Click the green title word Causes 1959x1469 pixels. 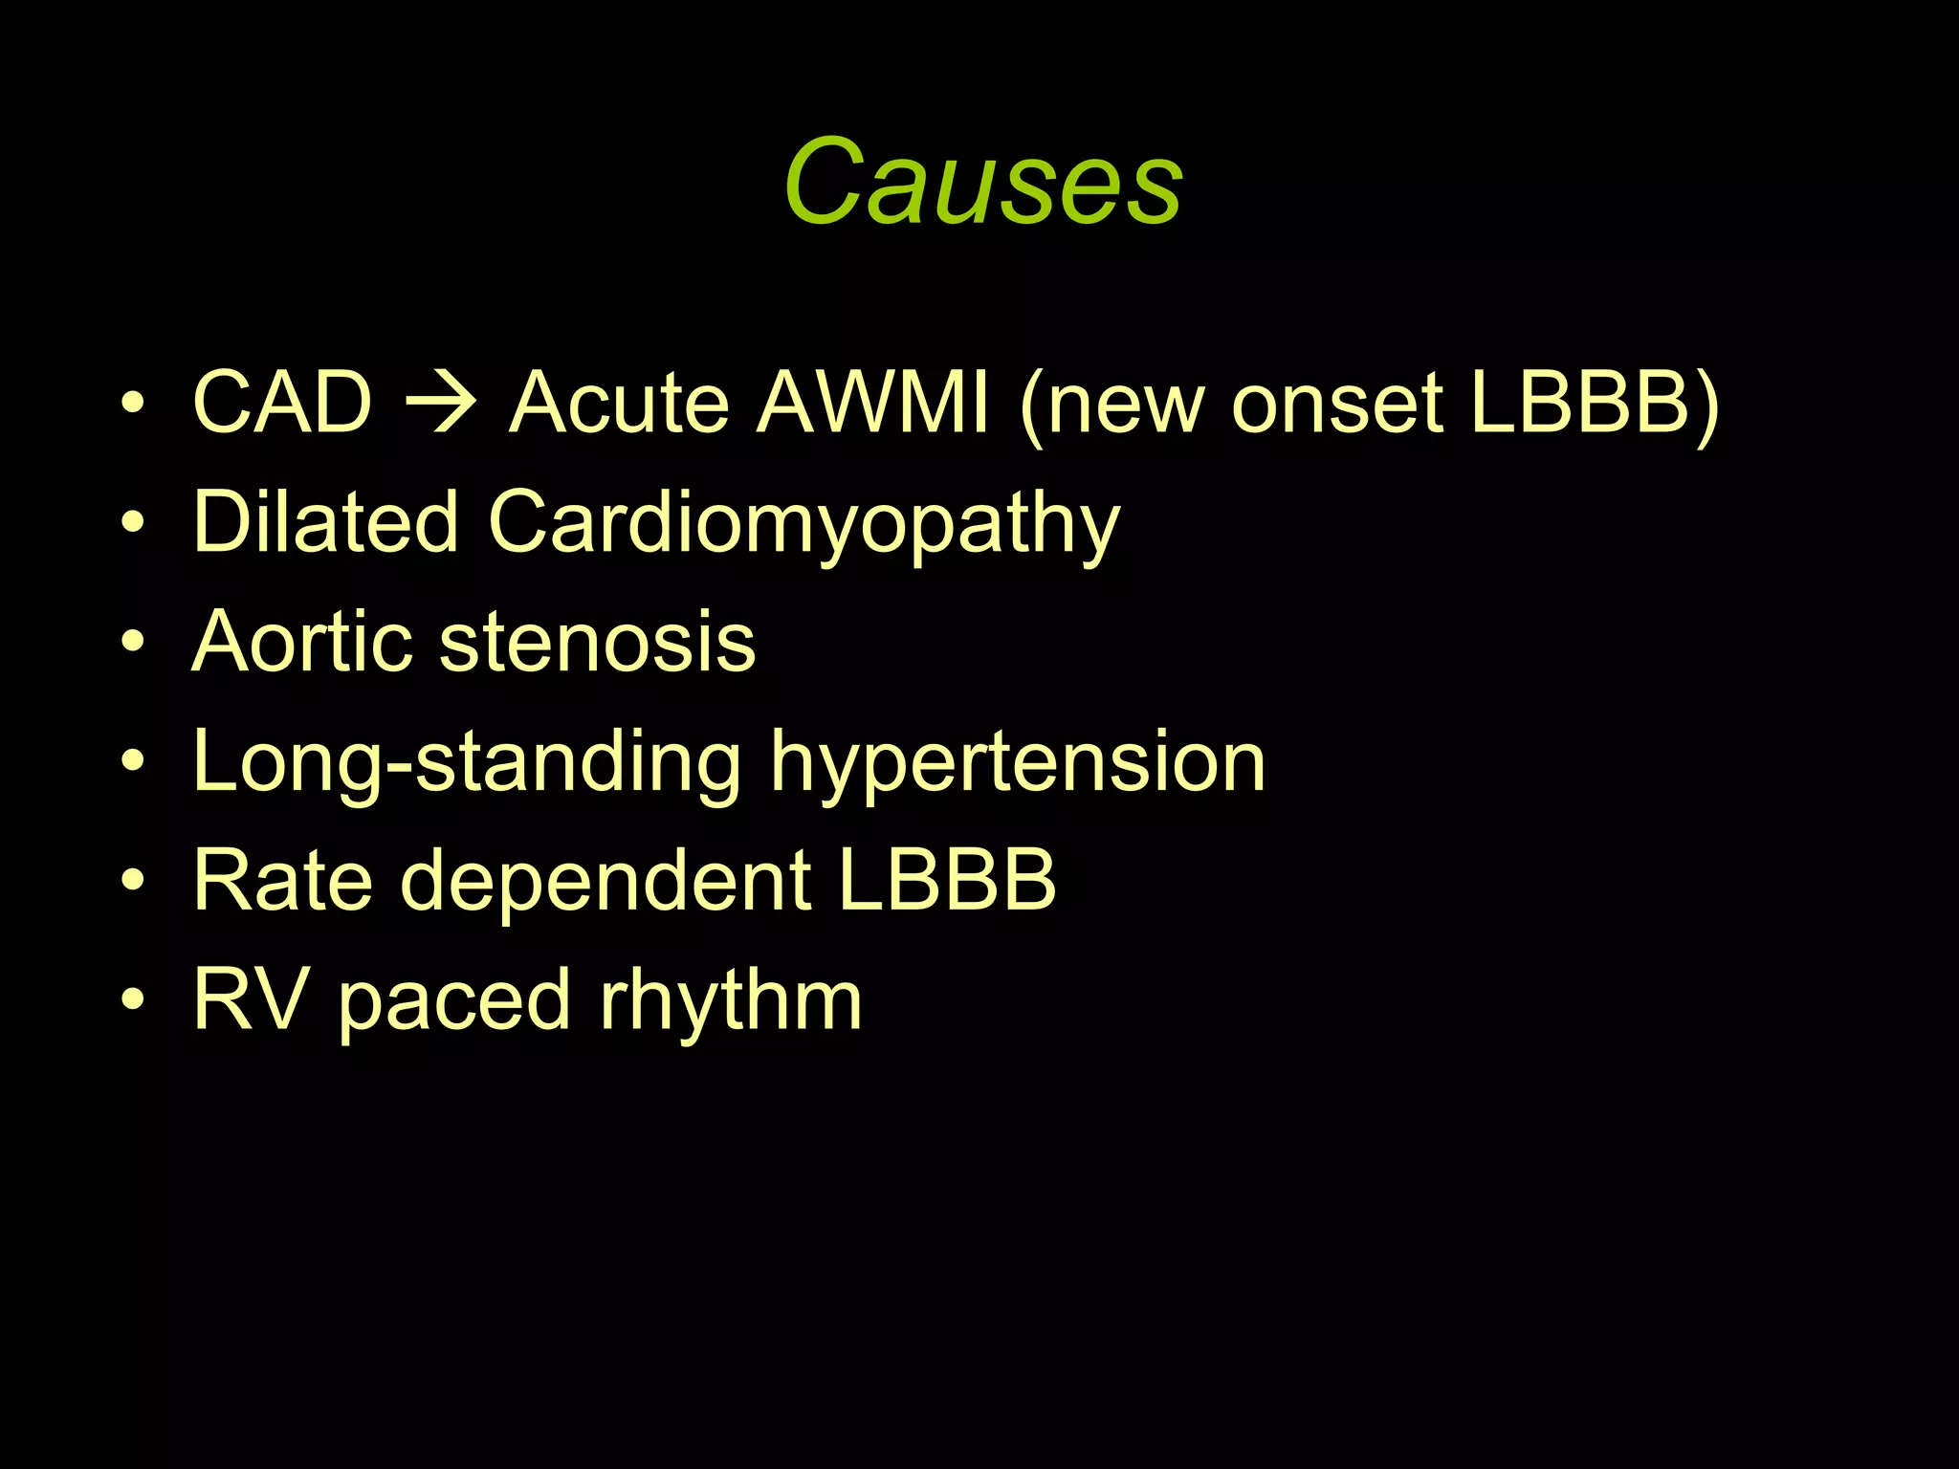982,182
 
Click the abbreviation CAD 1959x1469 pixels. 282,402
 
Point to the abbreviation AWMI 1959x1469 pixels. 872,402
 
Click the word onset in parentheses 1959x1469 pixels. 1336,402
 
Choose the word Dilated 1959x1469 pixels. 325,521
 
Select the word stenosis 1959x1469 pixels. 597,641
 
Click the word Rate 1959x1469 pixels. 282,880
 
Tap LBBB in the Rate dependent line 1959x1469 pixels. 947,880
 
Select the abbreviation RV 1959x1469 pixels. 251,999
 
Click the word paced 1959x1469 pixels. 454,1002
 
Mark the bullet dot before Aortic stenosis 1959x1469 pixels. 133,641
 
